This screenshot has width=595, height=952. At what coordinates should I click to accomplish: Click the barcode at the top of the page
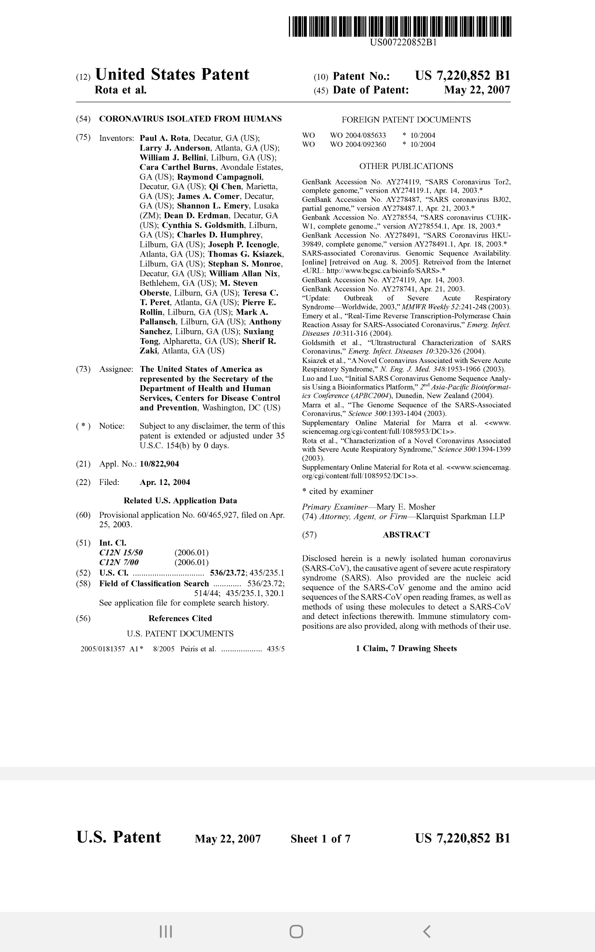click(x=400, y=27)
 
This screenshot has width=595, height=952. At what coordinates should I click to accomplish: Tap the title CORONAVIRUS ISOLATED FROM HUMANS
click(x=190, y=119)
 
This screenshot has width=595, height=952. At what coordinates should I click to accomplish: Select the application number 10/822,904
click(x=160, y=464)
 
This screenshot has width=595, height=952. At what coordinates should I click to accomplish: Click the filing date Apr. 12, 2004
click(x=165, y=482)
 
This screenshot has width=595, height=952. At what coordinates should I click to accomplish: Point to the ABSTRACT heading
click(x=406, y=535)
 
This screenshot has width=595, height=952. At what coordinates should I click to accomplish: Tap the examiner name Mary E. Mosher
click(x=406, y=507)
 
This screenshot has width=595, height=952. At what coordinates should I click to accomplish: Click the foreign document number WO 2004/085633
click(x=358, y=135)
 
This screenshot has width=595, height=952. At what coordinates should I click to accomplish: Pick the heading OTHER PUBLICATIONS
click(x=406, y=166)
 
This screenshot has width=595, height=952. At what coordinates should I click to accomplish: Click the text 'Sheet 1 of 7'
click(x=320, y=839)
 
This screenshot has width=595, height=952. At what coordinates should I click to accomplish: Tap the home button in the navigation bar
click(x=296, y=932)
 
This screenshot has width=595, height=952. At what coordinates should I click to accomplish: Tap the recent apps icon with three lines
click(x=166, y=932)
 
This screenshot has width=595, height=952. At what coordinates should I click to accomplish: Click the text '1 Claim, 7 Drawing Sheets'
click(x=406, y=648)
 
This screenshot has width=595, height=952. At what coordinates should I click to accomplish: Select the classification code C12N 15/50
click(x=121, y=553)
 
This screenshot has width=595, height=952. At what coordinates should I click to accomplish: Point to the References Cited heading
click(x=180, y=618)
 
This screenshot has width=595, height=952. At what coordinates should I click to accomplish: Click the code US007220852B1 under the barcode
click(x=403, y=42)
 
